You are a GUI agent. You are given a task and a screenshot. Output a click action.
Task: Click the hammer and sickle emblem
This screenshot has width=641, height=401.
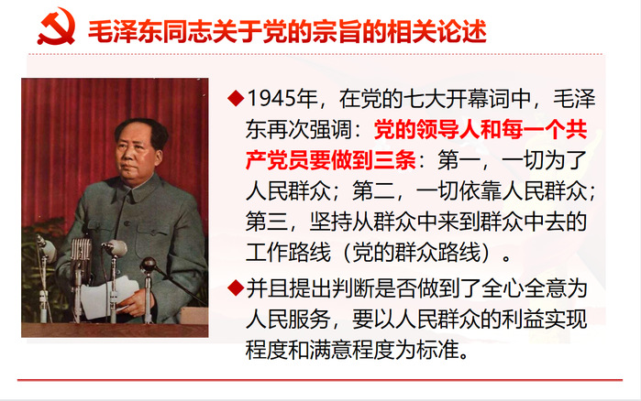[x=57, y=27]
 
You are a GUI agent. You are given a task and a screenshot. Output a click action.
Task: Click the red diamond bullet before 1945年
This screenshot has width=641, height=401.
[x=236, y=98]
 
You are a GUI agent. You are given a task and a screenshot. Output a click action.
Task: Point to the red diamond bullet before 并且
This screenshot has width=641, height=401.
[x=236, y=288]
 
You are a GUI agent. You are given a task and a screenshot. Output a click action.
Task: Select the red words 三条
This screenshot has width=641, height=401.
[x=395, y=160]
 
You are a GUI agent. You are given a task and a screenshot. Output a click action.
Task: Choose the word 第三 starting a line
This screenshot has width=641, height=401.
[x=267, y=222]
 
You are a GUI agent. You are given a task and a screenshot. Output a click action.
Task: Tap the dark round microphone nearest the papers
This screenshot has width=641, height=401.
[x=149, y=265]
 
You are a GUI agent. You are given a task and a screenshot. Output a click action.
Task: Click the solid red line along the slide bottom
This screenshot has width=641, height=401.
[x=320, y=380]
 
